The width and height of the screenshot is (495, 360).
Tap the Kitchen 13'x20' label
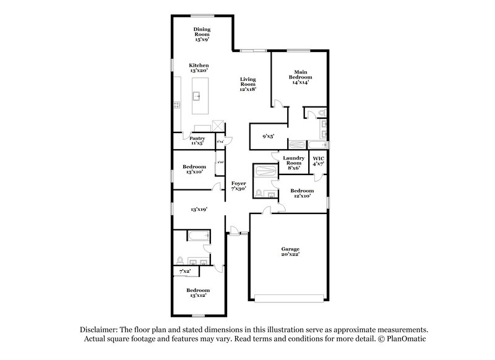199,68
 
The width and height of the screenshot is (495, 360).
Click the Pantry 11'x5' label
197,140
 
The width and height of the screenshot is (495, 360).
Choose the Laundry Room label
294,161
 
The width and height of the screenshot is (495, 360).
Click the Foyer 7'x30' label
239,186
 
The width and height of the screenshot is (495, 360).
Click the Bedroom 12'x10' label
303,193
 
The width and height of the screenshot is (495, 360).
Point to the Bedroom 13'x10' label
194,169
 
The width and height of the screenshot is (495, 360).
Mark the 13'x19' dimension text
198,210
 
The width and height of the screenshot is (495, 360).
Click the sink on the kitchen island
197,96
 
